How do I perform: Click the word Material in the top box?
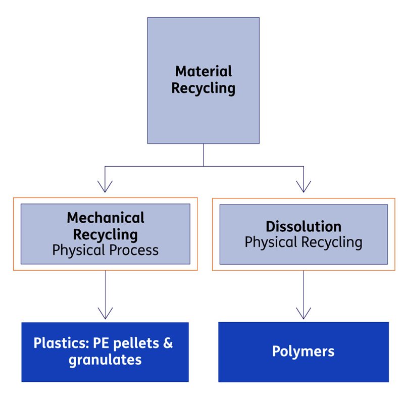(x=204, y=71)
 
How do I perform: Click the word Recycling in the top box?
(x=203, y=88)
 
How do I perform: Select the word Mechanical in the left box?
(x=106, y=218)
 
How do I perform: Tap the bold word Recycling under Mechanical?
(x=106, y=234)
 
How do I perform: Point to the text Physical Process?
(x=106, y=250)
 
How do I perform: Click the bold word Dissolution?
(x=304, y=226)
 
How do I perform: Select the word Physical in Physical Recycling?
(x=271, y=242)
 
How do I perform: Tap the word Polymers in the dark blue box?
(x=303, y=351)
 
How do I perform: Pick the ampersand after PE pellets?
(x=168, y=343)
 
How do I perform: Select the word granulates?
(x=105, y=360)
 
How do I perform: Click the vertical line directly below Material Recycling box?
(x=204, y=155)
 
